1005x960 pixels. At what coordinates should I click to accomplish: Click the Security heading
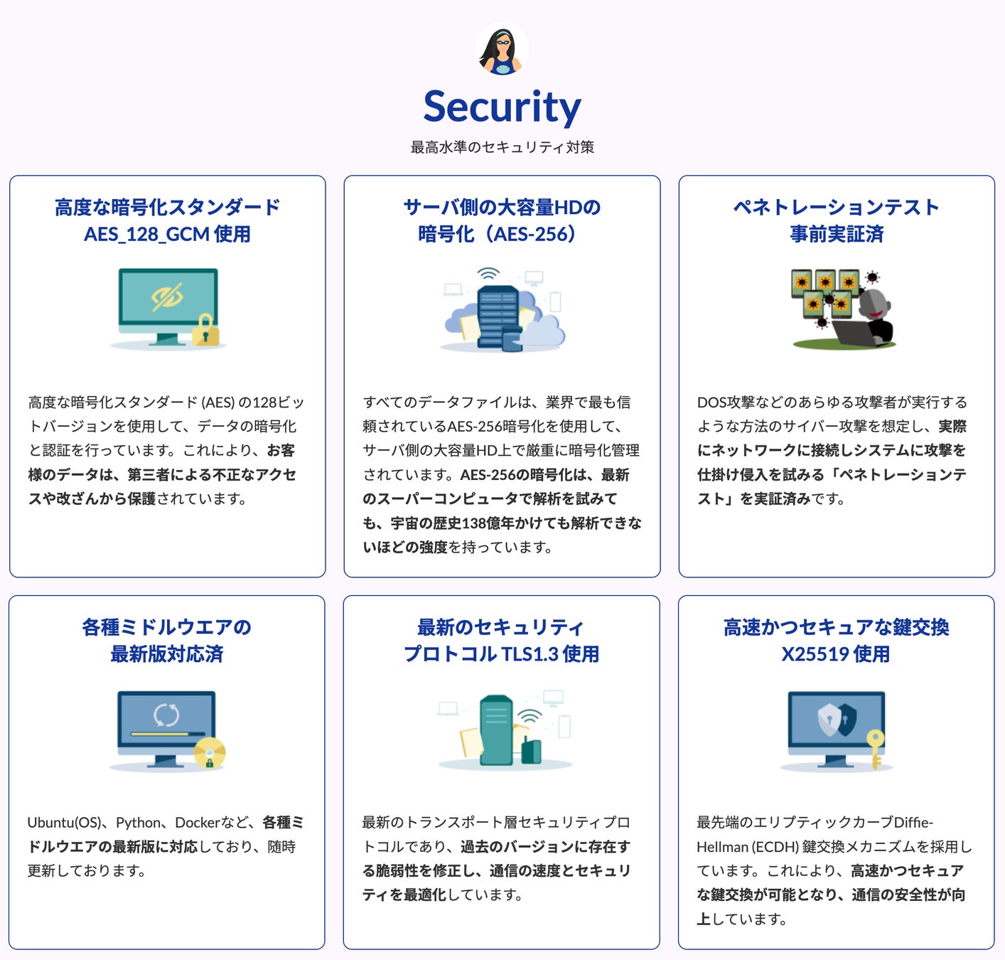pos(502,107)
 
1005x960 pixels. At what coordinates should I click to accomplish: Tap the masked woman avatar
pos(502,48)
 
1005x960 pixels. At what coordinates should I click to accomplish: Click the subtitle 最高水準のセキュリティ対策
pos(502,147)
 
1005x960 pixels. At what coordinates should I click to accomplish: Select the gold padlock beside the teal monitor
pos(205,329)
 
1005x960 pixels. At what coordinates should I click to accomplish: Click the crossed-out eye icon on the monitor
pos(168,297)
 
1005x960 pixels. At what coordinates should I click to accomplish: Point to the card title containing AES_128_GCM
pos(167,234)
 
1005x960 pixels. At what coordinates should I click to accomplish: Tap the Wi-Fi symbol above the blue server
pos(488,274)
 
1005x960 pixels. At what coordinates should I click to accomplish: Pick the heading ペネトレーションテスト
pos(836,207)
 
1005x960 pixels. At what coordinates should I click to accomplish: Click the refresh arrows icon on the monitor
pos(166,714)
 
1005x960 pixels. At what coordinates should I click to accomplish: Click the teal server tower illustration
pos(496,728)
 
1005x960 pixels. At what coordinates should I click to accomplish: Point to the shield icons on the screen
pos(837,720)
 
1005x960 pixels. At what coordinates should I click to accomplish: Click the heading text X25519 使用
pos(836,654)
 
